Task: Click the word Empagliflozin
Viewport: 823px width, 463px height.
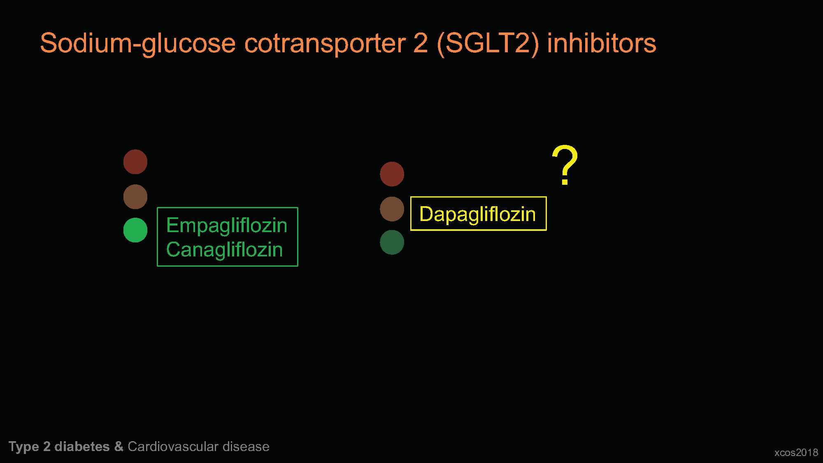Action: tap(227, 226)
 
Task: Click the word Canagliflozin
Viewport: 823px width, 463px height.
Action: tap(225, 249)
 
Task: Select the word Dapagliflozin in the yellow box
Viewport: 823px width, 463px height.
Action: tap(477, 214)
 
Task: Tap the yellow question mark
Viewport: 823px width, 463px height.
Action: tap(565, 165)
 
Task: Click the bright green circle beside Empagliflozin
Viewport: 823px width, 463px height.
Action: tap(135, 230)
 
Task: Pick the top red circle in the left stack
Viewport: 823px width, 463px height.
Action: tap(135, 162)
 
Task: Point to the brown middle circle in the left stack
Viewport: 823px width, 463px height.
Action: tap(135, 197)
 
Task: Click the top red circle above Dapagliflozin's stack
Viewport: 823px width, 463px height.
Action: tap(392, 174)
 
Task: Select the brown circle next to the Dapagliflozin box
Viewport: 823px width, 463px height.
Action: tap(392, 209)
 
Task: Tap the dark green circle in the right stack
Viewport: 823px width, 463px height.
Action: tap(392, 242)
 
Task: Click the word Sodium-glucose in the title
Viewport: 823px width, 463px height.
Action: tap(138, 44)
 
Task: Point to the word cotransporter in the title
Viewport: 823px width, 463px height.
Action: tap(325, 44)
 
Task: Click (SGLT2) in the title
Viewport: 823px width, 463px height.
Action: tap(488, 44)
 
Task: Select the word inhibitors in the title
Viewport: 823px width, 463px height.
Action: tap(602, 43)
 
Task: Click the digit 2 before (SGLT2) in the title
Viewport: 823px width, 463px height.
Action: tap(421, 43)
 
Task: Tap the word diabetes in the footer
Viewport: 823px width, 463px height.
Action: tap(82, 447)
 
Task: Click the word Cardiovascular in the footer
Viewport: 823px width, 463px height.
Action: tap(173, 447)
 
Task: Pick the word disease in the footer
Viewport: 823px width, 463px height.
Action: tap(246, 447)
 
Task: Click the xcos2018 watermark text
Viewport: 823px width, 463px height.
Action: tap(796, 453)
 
